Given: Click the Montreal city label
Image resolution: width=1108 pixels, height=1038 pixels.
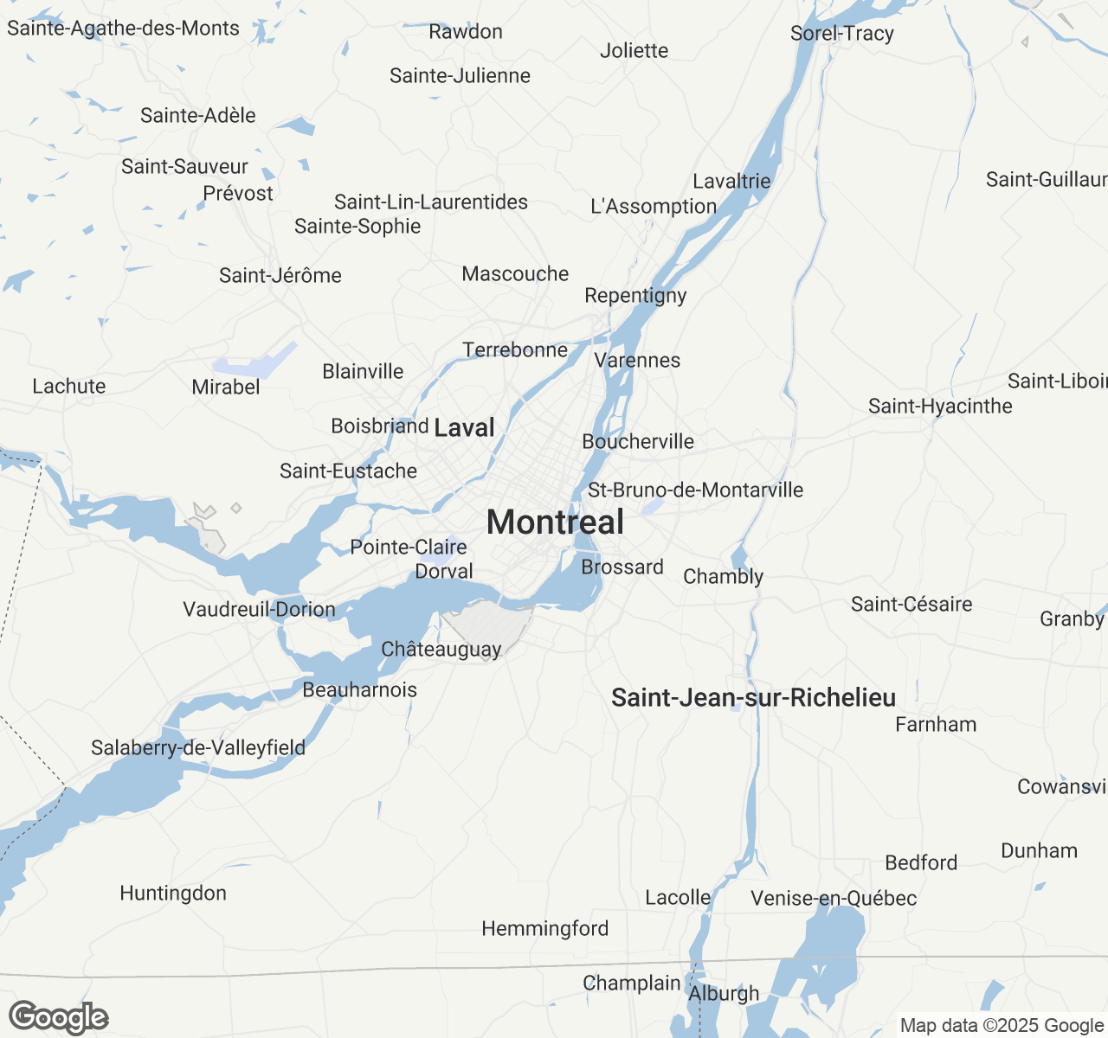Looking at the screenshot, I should tap(555, 522).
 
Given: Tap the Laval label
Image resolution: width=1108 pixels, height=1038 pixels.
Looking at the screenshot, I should tap(464, 427).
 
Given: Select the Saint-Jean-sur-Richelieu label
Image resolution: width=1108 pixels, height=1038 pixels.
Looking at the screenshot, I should tap(753, 698).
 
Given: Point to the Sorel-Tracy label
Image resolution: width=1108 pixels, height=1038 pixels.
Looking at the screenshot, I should tap(841, 34).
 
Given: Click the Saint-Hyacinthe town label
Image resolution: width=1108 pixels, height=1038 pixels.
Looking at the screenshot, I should tap(940, 407).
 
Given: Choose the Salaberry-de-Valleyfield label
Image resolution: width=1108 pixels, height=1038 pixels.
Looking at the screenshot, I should tap(198, 747).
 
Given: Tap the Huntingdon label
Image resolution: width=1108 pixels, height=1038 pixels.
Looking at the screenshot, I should tap(173, 894).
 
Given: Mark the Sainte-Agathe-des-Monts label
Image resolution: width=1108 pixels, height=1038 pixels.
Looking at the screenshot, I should tap(123, 29).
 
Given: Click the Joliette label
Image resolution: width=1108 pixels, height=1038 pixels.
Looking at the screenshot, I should tap(634, 51).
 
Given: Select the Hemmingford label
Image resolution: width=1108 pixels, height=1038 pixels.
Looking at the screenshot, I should tap(544, 929).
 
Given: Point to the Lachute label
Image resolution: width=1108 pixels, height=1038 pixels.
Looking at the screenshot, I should tap(69, 387).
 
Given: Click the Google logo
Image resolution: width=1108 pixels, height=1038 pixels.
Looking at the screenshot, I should tap(59, 1017).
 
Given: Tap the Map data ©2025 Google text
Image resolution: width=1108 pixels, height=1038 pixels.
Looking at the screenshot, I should tap(1001, 1026).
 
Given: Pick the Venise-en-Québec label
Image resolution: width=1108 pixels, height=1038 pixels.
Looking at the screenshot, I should tap(834, 899).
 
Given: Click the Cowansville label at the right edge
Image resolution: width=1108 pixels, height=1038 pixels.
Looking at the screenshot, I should tap(1062, 787).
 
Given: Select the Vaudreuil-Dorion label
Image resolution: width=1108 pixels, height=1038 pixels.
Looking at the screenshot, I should tap(259, 610).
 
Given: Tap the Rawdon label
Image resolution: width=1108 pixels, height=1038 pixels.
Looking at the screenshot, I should tap(466, 32).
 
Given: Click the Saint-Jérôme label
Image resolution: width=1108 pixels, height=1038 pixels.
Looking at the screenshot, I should tap(280, 276).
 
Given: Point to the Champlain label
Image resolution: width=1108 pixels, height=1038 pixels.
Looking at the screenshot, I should tap(632, 984).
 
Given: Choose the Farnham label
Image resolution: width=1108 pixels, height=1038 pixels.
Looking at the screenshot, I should tap(936, 725).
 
